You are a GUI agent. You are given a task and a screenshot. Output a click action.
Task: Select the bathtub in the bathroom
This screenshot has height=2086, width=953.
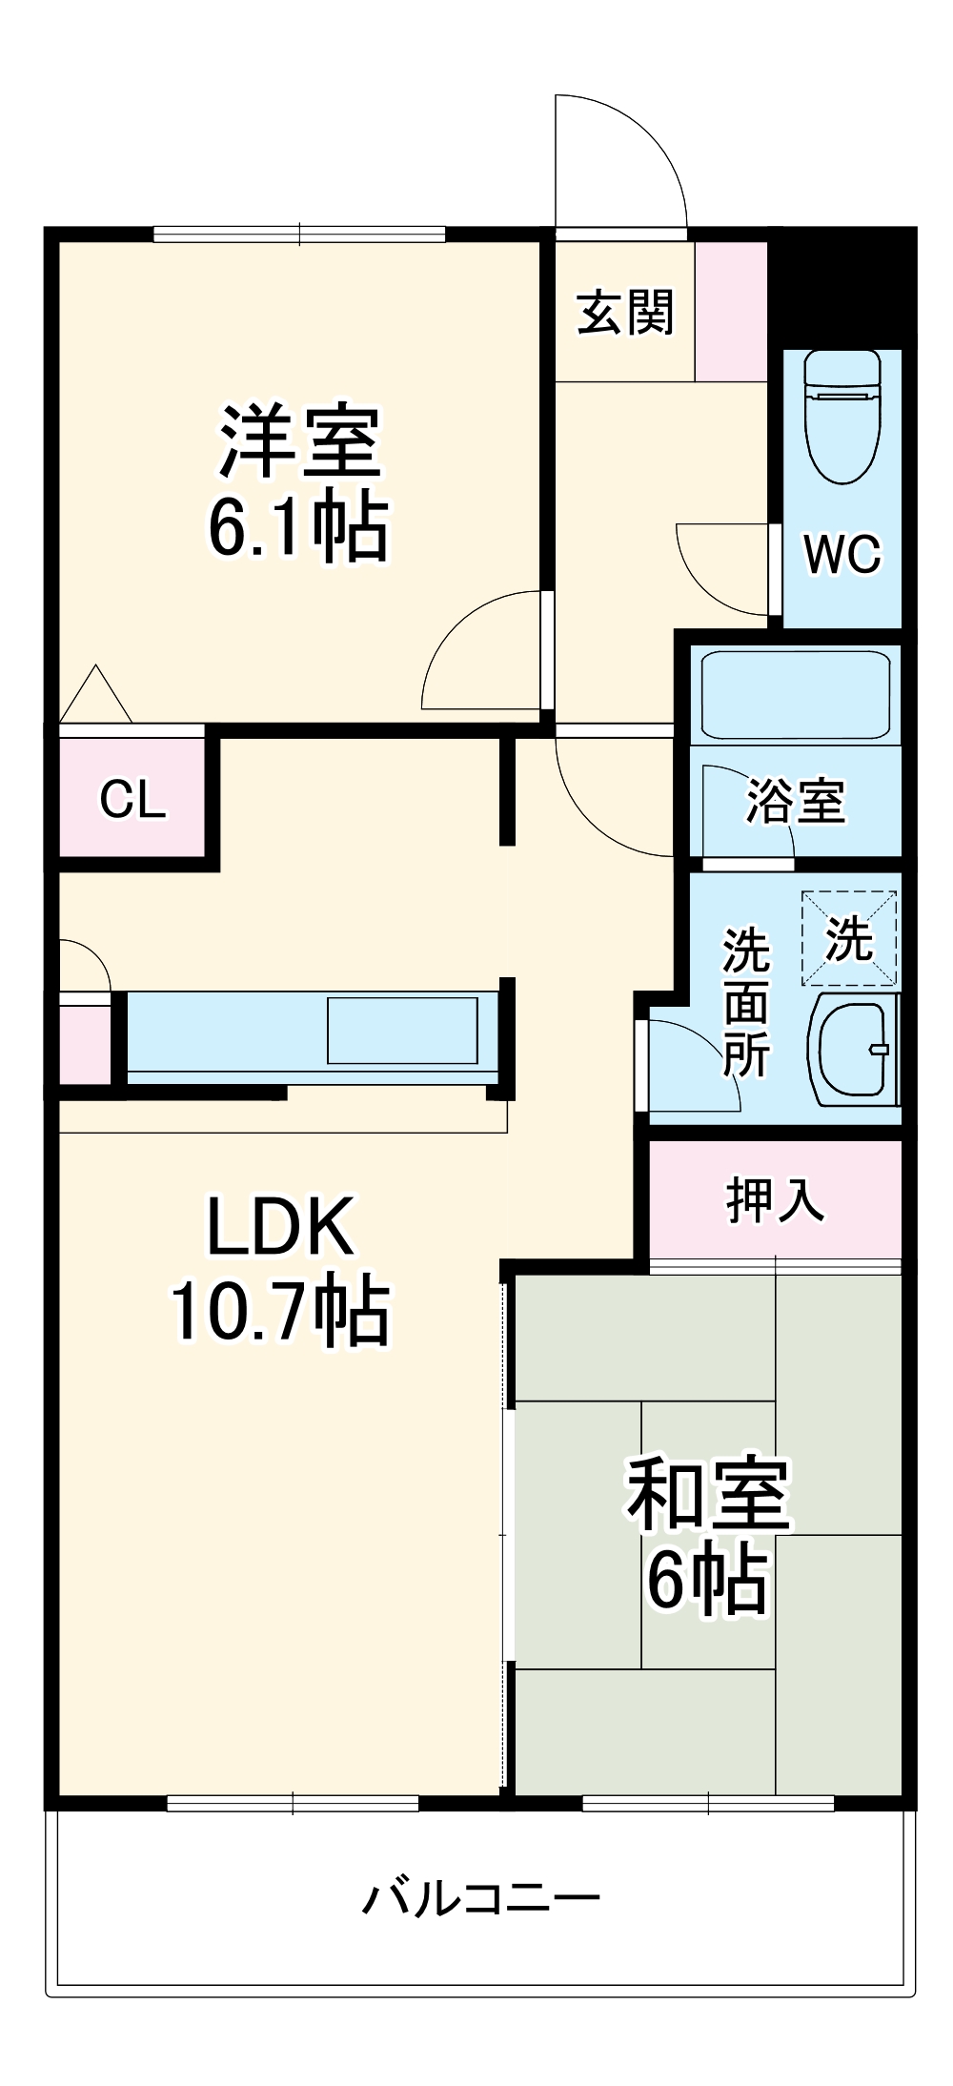pyautogui.click(x=795, y=694)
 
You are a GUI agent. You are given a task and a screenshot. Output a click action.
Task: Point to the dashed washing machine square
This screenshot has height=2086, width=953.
pyautogui.click(x=849, y=938)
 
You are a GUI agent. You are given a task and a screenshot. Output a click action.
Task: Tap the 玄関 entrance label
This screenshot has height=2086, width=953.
pyautogui.click(x=625, y=312)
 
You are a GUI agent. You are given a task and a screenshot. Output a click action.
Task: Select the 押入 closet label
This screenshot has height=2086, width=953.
pyautogui.click(x=775, y=1199)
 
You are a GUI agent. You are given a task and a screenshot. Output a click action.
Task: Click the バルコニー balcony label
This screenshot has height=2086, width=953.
pyautogui.click(x=481, y=1898)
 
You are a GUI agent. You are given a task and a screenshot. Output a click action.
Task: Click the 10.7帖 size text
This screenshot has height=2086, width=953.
pyautogui.click(x=280, y=1312)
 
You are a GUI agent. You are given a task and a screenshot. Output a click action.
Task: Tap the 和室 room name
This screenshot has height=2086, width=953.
pyautogui.click(x=707, y=1495)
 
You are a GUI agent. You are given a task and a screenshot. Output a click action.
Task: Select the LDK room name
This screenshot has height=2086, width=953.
pyautogui.click(x=280, y=1228)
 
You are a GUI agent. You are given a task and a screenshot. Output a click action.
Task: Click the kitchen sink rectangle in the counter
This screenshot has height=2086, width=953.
pyautogui.click(x=402, y=1030)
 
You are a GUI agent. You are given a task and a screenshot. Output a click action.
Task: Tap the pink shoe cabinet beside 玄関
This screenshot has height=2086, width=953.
pyautogui.click(x=731, y=312)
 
